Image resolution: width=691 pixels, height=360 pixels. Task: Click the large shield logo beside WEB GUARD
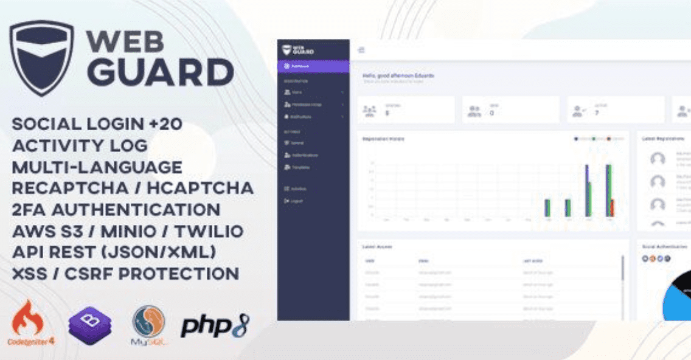(41, 57)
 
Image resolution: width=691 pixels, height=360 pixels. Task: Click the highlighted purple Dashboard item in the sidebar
(313, 66)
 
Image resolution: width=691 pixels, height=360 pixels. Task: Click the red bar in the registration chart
(613, 207)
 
